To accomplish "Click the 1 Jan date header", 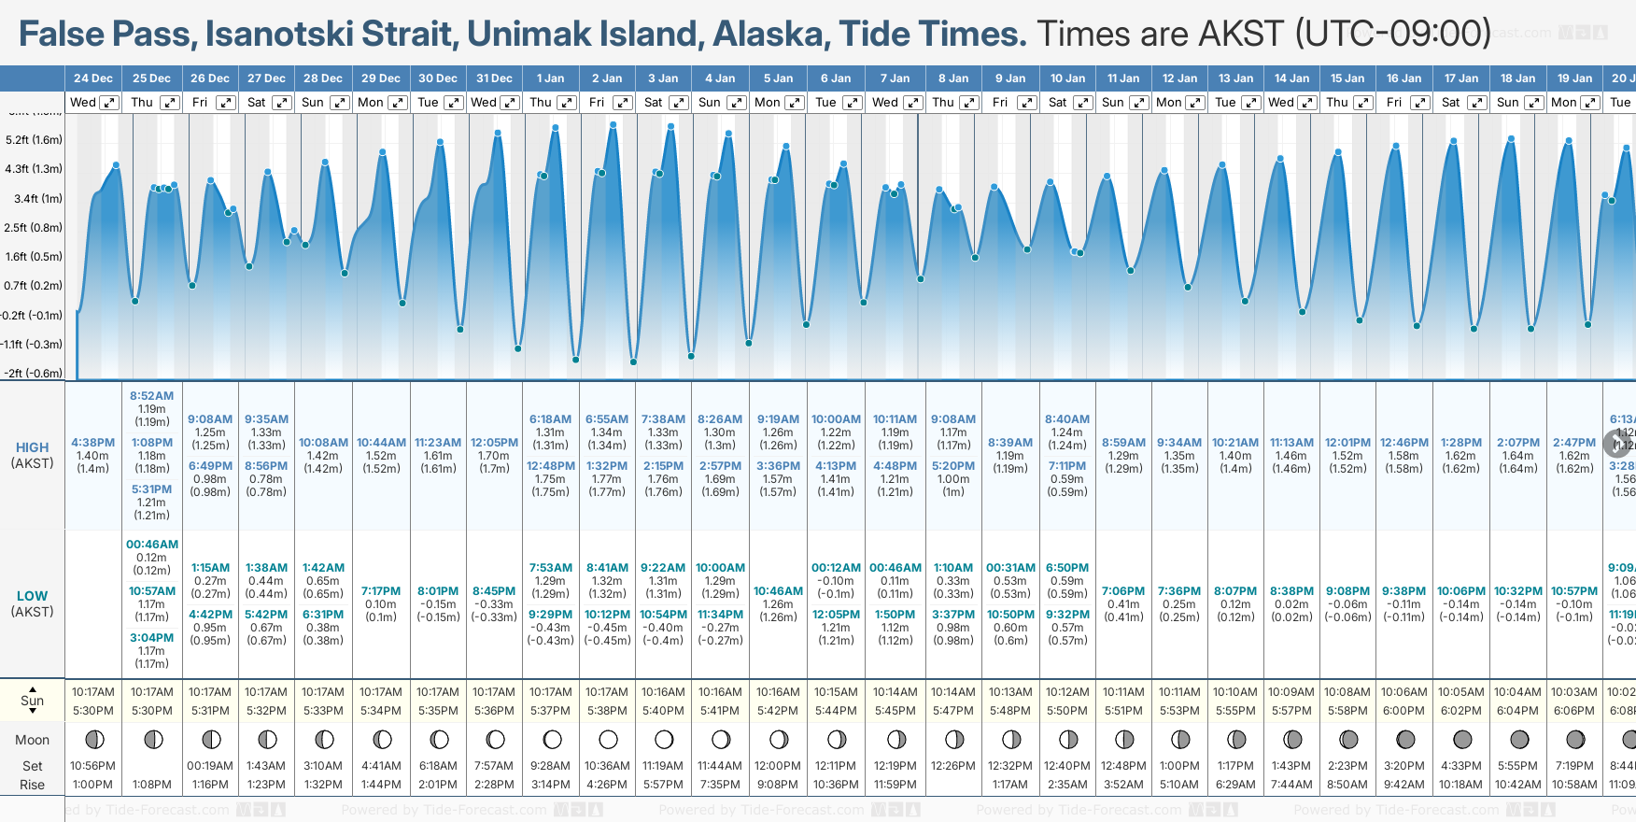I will click(x=550, y=78).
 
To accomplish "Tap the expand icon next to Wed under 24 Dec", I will click(x=109, y=103).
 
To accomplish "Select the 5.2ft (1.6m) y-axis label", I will click(x=34, y=140).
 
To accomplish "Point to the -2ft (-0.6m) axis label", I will click(x=34, y=374).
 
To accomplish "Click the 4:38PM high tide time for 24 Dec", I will click(x=92, y=443).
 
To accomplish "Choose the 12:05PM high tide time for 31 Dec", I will click(x=494, y=443).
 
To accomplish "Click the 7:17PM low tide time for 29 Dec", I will click(x=381, y=591).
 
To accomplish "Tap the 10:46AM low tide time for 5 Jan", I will click(x=778, y=591).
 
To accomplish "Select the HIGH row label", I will click(x=32, y=447).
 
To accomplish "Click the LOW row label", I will click(x=32, y=596).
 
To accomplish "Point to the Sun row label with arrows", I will click(x=32, y=701).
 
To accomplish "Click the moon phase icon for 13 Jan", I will click(x=1236, y=740).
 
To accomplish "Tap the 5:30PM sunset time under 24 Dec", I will click(x=93, y=711).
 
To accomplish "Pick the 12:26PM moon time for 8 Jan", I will click(x=953, y=766).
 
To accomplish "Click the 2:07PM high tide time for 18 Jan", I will click(x=1518, y=443).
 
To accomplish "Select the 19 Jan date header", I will click(x=1574, y=78).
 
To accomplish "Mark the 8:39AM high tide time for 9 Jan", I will click(x=1010, y=443).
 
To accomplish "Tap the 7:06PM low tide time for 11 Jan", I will click(x=1123, y=591).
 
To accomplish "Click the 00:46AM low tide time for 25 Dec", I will click(x=152, y=545).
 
